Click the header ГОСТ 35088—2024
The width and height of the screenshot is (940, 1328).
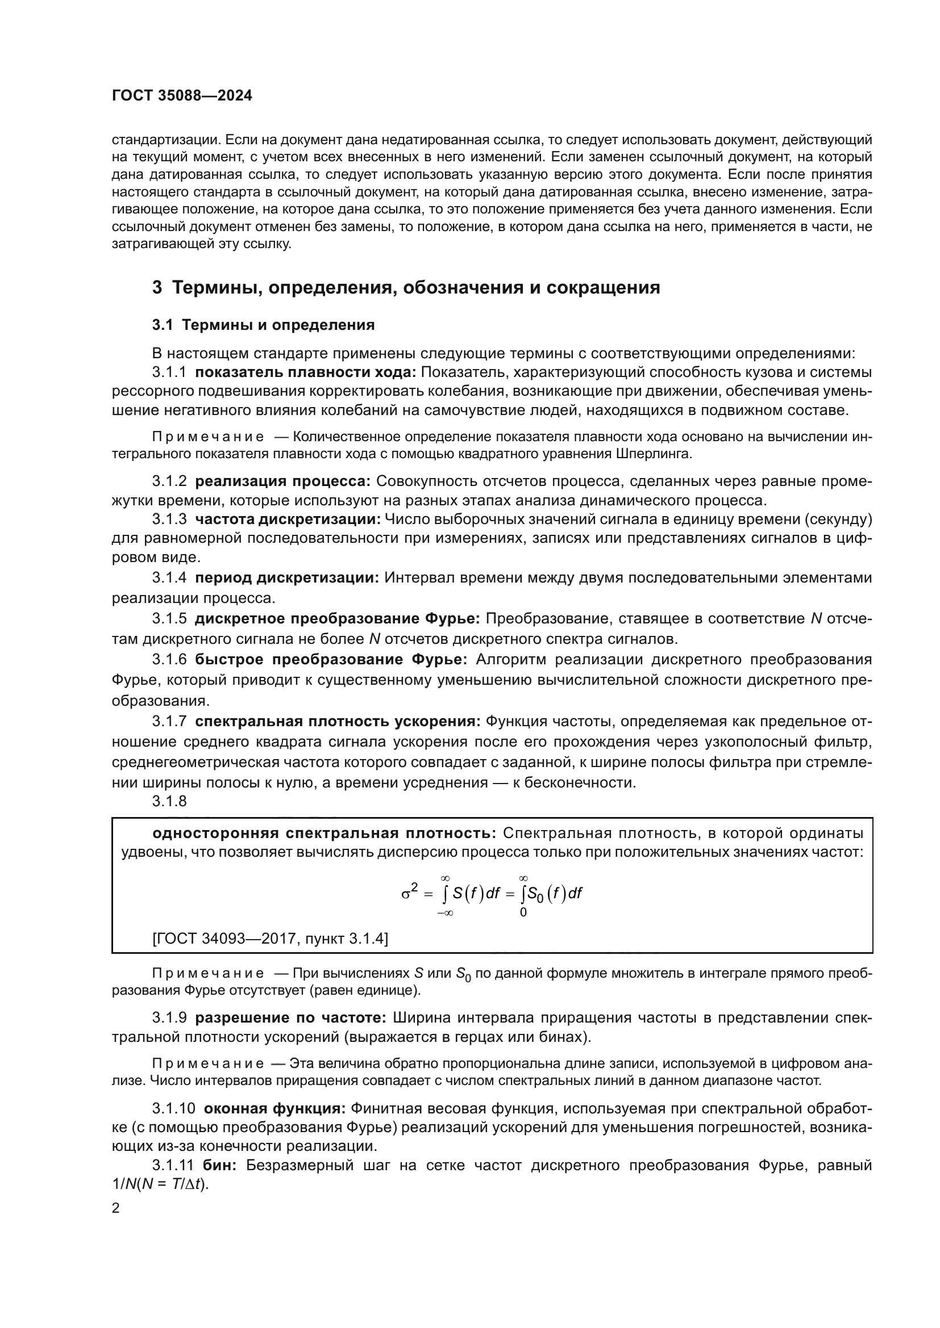(182, 96)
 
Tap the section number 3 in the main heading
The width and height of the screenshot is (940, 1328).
(157, 287)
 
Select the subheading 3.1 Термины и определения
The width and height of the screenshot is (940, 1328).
(263, 325)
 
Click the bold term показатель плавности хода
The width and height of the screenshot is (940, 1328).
(306, 372)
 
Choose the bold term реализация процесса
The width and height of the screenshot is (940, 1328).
(282, 481)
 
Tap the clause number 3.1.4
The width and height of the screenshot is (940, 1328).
(169, 578)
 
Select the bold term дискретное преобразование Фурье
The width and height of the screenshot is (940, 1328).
(337, 619)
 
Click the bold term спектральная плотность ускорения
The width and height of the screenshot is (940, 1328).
(338, 721)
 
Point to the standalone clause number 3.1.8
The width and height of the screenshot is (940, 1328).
(169, 801)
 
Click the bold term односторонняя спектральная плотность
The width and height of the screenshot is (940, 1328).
(324, 833)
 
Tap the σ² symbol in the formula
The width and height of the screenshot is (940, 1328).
(409, 893)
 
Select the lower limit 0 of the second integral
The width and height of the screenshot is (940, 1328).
(523, 913)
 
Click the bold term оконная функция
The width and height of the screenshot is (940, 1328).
(275, 1109)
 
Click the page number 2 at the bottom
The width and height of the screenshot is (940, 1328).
(115, 1208)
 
